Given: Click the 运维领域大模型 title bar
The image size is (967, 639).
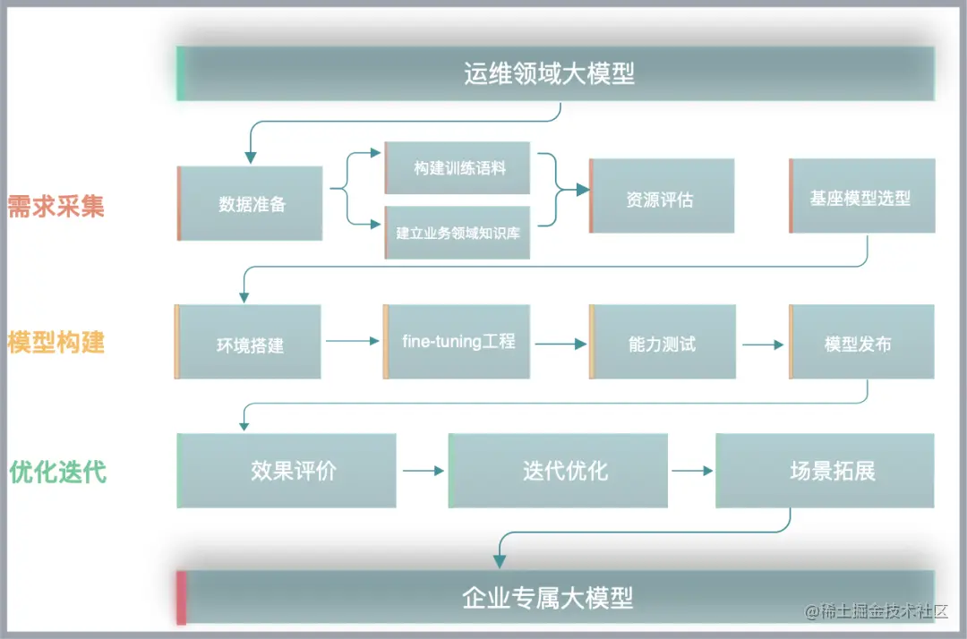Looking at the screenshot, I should pyautogui.click(x=555, y=73).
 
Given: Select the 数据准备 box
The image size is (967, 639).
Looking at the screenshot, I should pyautogui.click(x=251, y=203).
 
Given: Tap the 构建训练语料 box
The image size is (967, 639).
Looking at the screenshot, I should pyautogui.click(x=458, y=167).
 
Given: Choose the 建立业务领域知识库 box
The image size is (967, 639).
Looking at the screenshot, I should pyautogui.click(x=458, y=233).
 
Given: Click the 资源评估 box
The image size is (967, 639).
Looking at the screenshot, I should pyautogui.click(x=662, y=196).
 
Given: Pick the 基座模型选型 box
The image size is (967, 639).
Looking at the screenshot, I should pyautogui.click(x=862, y=197).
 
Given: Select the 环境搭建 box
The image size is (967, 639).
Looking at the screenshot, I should pyautogui.click(x=249, y=342).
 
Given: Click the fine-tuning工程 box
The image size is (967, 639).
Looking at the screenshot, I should pyautogui.click(x=458, y=342).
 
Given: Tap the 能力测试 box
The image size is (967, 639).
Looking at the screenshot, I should pyautogui.click(x=662, y=342).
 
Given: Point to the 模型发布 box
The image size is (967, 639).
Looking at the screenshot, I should pyautogui.click(x=860, y=342).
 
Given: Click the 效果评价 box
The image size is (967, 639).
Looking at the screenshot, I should pyautogui.click(x=287, y=471).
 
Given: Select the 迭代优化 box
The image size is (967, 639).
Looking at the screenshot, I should pyautogui.click(x=559, y=471).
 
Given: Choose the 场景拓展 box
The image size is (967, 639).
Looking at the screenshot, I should pyautogui.click(x=826, y=471).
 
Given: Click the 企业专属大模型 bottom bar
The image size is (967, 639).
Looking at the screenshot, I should pyautogui.click(x=555, y=597).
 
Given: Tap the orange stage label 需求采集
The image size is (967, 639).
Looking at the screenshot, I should pyautogui.click(x=56, y=206).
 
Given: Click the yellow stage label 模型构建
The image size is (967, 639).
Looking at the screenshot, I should pyautogui.click(x=56, y=342).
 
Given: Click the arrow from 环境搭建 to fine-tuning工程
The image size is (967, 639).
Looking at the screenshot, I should pyautogui.click(x=353, y=341).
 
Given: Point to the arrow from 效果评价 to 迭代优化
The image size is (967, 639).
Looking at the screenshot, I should pyautogui.click(x=423, y=471).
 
